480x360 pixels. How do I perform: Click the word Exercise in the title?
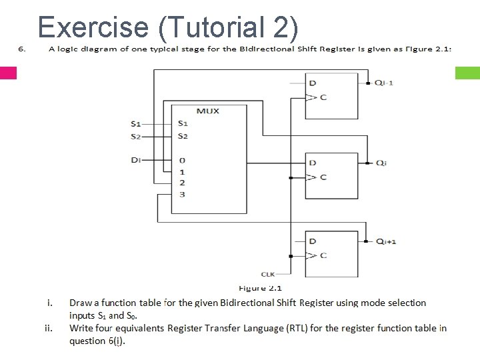click(93, 26)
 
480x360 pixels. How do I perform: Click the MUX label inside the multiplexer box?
click(207, 111)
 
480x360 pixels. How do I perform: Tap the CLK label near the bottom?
click(268, 274)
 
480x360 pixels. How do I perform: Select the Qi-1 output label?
click(384, 83)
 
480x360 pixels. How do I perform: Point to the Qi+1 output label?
click(386, 241)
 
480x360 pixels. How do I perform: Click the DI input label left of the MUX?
click(135, 160)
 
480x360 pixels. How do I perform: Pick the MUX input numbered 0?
click(182, 160)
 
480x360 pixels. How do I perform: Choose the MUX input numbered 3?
click(182, 194)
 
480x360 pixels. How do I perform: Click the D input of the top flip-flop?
click(313, 83)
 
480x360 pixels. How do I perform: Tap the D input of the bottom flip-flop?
click(313, 241)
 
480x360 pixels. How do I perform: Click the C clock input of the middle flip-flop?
click(323, 177)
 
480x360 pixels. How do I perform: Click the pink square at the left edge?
click(8, 73)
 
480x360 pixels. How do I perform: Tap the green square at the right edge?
click(467, 73)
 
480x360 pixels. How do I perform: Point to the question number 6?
click(21, 49)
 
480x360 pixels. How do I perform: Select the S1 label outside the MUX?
click(136, 123)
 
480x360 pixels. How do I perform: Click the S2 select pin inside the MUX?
click(183, 136)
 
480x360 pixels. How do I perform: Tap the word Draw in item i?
click(81, 303)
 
